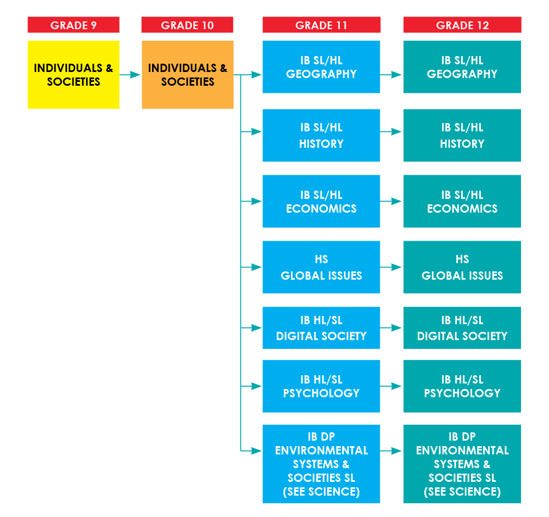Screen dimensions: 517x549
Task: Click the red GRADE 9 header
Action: [74, 25]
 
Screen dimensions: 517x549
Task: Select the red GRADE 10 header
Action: [187, 25]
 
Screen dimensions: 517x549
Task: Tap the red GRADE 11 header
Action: [321, 25]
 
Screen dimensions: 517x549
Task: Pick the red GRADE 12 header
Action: [462, 25]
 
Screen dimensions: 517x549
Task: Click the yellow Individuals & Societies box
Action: [74, 75]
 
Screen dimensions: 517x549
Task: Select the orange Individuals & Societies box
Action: [187, 75]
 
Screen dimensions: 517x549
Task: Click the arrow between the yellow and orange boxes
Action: [130, 75]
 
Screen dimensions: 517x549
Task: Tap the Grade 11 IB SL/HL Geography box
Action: [321, 67]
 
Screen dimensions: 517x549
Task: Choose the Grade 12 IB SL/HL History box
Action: [462, 135]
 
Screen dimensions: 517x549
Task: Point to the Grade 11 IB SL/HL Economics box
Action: [321, 201]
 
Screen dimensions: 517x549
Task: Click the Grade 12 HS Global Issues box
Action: [462, 267]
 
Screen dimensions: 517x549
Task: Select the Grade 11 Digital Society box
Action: [321, 327]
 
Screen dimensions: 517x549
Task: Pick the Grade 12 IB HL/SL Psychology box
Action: [462, 386]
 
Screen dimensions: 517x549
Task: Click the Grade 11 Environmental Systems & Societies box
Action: [321, 464]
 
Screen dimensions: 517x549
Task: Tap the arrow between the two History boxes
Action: [391, 132]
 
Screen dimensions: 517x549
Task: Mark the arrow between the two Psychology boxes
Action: [391, 386]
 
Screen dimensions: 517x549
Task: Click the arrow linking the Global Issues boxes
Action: [391, 267]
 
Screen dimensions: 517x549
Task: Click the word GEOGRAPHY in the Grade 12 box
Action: [462, 74]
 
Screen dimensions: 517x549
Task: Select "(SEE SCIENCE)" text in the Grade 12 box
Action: [462, 492]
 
